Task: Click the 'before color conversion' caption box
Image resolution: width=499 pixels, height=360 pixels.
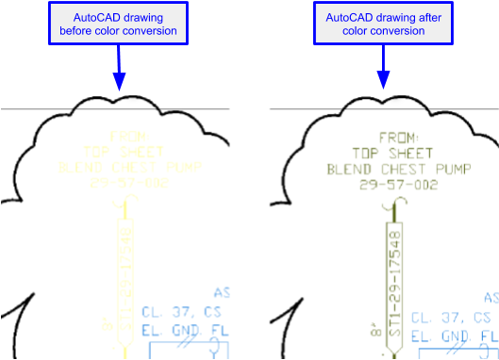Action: pos(119,25)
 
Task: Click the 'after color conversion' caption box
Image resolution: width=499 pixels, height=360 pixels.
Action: pos(383,25)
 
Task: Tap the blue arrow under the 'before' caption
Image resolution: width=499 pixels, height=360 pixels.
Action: pos(119,66)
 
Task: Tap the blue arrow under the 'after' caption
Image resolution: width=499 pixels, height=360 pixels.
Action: pos(383,66)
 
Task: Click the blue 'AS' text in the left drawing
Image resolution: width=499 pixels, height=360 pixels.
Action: pos(223,293)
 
